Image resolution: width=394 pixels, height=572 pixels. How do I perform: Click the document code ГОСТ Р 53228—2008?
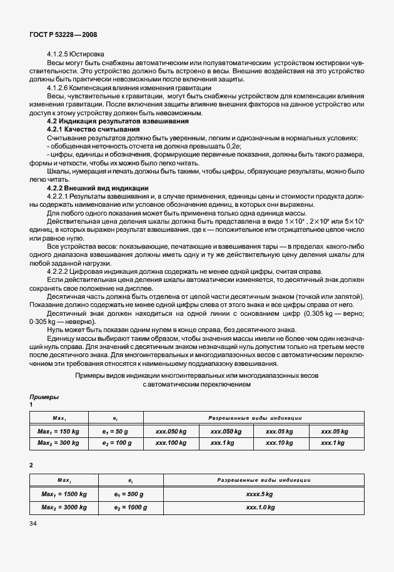tap(62, 36)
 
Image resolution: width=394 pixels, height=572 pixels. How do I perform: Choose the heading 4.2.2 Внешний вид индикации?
tap(98, 188)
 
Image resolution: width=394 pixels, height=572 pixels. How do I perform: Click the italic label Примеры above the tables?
tap(44, 397)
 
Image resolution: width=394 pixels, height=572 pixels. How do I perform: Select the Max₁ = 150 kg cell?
tap(58, 432)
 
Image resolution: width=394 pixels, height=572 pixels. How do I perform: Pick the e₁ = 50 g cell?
tap(117, 432)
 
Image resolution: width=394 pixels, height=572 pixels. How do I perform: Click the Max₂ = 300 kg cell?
tap(58, 442)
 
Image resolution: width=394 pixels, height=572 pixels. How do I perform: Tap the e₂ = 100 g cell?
tap(117, 442)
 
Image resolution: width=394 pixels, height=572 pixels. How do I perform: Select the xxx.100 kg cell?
tap(171, 442)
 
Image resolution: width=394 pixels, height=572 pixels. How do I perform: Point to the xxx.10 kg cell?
tap(280, 442)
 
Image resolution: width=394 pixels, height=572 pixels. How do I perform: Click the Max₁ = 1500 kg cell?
tap(63, 494)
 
